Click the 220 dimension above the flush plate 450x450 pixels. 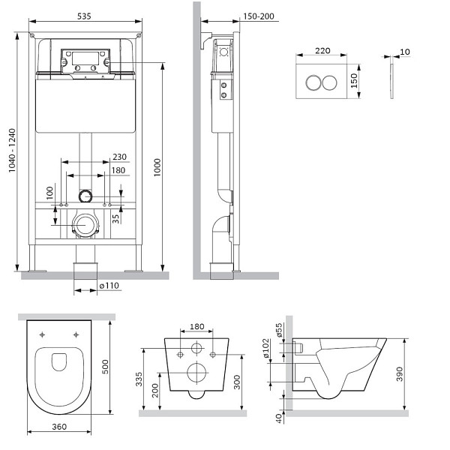323,51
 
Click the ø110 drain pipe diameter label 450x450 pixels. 110,286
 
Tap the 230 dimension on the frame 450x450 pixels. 118,157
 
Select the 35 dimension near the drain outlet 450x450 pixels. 115,218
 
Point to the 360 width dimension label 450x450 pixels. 64,427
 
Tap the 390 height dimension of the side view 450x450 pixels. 400,372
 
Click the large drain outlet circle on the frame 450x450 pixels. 86,223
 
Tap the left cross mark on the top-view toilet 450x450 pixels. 43,334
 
